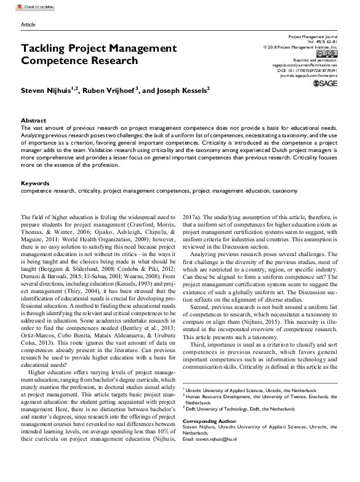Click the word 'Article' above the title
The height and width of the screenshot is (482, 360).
[28, 24]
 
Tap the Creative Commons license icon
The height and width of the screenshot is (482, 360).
[328, 54]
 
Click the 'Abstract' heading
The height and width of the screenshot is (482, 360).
[33, 121]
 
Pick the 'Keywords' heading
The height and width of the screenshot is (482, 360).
[34, 183]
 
